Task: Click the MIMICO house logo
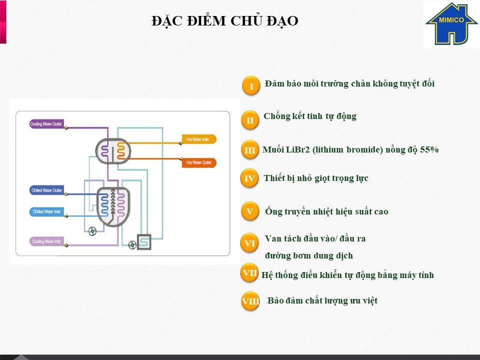tap(450, 24)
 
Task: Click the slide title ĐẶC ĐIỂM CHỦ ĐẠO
tap(225, 21)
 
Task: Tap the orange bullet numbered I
tap(251, 86)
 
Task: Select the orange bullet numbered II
tap(250, 120)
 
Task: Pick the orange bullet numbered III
tap(250, 150)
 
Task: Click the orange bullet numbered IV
tap(249, 178)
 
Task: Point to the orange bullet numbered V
tap(249, 211)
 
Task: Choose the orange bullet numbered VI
tap(249, 243)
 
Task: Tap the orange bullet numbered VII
tap(250, 273)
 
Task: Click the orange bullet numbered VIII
tap(250, 301)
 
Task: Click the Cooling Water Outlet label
tap(46, 124)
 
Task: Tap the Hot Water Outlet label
tap(199, 163)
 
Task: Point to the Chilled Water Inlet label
tap(46, 212)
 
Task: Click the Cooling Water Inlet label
tap(46, 241)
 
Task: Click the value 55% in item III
tap(428, 149)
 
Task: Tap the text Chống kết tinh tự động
tap(310, 116)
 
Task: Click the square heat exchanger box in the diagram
tap(144, 241)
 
